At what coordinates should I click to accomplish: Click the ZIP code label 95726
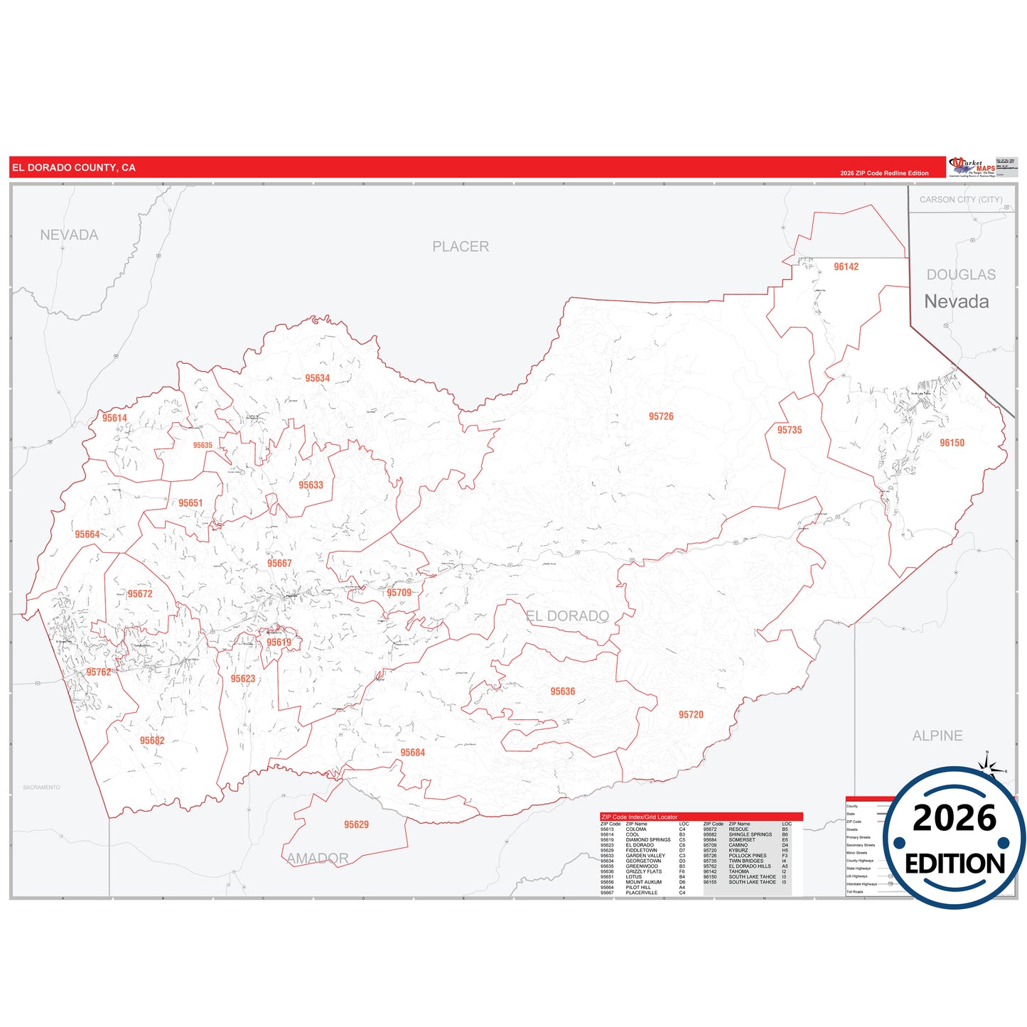[661, 416]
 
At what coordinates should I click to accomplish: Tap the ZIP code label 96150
[952, 443]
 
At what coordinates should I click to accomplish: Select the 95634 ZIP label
[318, 378]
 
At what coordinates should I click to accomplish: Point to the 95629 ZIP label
[356, 824]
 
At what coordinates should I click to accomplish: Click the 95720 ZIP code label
[691, 714]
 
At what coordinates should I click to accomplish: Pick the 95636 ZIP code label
[562, 692]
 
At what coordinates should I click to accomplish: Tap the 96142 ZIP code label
[846, 267]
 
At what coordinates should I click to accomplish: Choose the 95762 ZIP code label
[99, 672]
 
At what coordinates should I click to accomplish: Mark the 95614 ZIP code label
[114, 418]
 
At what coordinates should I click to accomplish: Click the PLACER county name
[461, 247]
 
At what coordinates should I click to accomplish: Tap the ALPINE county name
[937, 736]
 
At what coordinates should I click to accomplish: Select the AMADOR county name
[318, 859]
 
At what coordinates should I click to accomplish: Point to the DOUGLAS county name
[961, 274]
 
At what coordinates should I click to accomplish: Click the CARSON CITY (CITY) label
[961, 200]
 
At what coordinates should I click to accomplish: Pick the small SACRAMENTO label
[41, 787]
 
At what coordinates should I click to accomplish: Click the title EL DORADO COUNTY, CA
[74, 168]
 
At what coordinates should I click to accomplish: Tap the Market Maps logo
[972, 167]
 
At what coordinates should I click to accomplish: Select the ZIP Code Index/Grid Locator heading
[640, 817]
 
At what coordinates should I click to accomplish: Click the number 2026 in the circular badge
[955, 819]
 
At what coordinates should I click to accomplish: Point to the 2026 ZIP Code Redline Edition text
[884, 173]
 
